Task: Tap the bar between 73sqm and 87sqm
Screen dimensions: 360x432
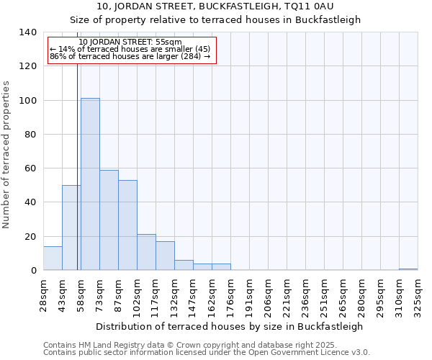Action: point(109,220)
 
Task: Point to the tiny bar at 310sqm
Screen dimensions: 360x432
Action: point(408,269)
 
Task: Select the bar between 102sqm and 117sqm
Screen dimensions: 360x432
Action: point(146,252)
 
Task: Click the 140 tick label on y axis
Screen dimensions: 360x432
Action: point(27,32)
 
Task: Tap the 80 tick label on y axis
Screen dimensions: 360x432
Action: point(30,135)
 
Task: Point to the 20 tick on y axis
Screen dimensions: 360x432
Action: point(30,237)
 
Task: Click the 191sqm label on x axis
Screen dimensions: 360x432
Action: point(249,295)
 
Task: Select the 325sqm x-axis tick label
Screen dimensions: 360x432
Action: point(418,295)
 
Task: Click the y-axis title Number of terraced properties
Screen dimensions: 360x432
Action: point(7,154)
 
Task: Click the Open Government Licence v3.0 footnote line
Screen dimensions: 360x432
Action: point(207,353)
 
